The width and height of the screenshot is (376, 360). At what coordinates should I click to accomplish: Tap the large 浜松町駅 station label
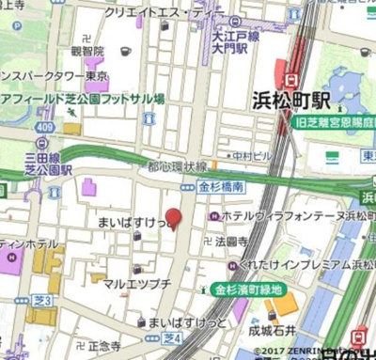click(295, 101)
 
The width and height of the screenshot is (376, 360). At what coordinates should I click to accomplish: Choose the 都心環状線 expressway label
click(176, 166)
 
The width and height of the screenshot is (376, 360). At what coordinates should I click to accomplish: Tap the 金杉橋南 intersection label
click(223, 188)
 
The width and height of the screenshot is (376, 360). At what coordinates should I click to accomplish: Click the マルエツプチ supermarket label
click(137, 282)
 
